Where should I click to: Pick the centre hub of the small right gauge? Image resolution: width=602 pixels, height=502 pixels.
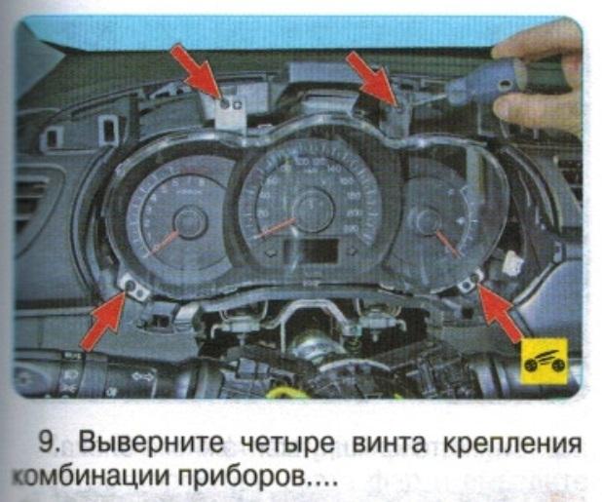coord(428,225)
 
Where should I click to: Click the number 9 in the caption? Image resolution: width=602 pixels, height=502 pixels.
coord(46,442)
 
